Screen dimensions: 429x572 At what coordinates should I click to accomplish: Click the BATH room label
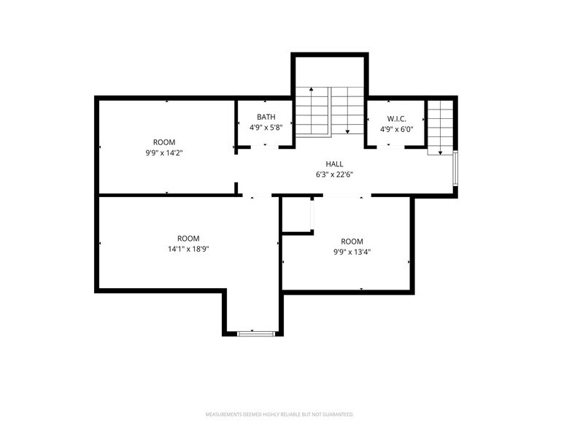pyautogui.click(x=266, y=117)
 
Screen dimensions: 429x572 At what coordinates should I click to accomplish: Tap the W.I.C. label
pyautogui.click(x=396, y=118)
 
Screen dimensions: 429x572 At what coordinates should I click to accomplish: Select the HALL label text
pyautogui.click(x=334, y=164)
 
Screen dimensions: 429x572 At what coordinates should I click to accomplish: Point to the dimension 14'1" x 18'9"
pyautogui.click(x=188, y=249)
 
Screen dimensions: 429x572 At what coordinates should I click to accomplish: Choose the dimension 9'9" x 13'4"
pyautogui.click(x=352, y=252)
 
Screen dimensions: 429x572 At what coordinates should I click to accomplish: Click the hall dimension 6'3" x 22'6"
pyautogui.click(x=334, y=174)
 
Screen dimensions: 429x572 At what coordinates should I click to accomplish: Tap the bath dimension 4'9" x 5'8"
pyautogui.click(x=266, y=128)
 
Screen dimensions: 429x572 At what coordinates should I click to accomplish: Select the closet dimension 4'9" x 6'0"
pyautogui.click(x=396, y=128)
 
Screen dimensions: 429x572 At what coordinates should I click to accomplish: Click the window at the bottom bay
pyautogui.click(x=257, y=333)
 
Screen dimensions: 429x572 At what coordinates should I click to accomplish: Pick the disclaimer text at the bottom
pyautogui.click(x=279, y=414)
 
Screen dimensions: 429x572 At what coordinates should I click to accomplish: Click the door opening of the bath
pyautogui.click(x=265, y=147)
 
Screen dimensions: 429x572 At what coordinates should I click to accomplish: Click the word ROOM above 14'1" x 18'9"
pyautogui.click(x=188, y=239)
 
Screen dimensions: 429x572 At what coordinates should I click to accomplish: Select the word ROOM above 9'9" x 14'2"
pyautogui.click(x=164, y=142)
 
